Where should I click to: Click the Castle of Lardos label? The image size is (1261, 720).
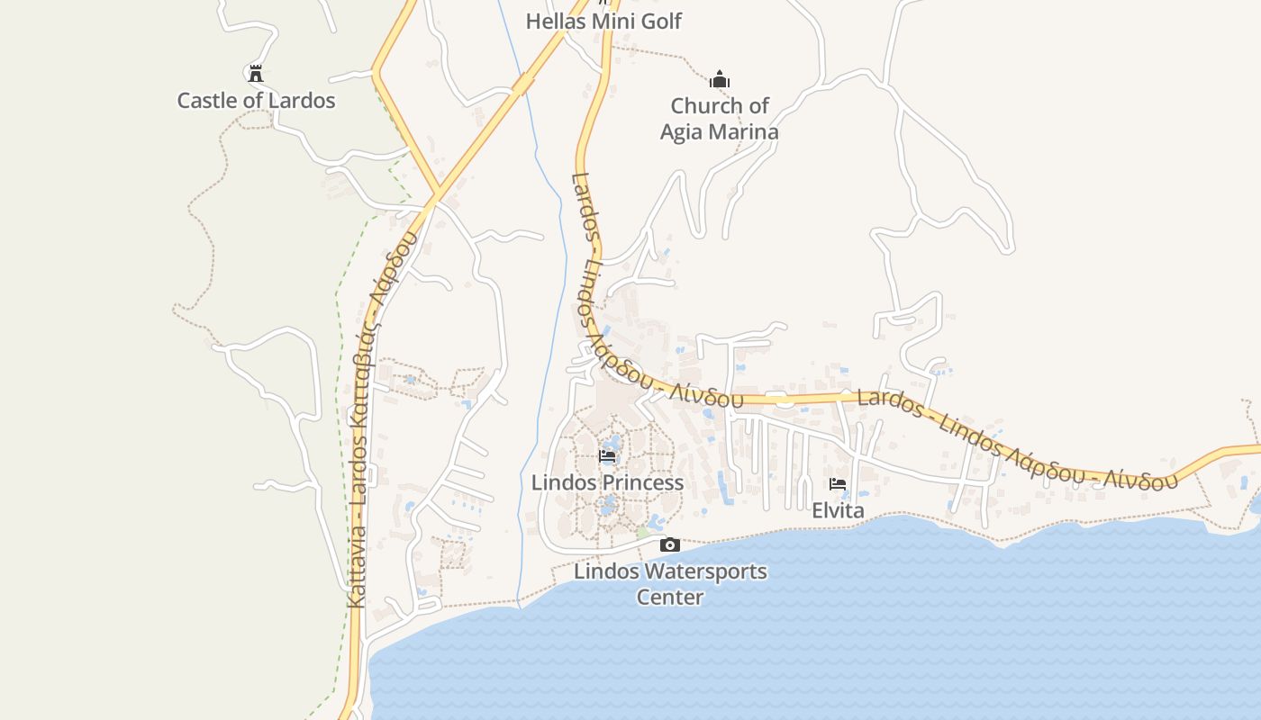(x=256, y=100)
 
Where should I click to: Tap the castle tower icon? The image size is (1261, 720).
(x=256, y=73)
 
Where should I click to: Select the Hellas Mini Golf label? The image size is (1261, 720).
(x=603, y=21)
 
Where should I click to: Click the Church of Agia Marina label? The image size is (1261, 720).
(x=719, y=119)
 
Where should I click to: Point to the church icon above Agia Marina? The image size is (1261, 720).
(x=719, y=80)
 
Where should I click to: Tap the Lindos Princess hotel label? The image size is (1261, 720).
(x=607, y=482)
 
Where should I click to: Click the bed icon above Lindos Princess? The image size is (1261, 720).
(x=607, y=456)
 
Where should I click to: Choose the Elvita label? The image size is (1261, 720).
(x=838, y=510)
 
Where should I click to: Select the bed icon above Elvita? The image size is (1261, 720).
(x=838, y=484)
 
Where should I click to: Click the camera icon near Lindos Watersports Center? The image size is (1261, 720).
(x=670, y=544)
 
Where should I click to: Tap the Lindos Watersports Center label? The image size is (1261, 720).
(x=670, y=583)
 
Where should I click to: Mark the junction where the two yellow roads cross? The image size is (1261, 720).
(x=437, y=193)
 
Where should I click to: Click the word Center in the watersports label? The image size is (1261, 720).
(x=670, y=597)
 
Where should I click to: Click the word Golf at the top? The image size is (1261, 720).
(x=660, y=21)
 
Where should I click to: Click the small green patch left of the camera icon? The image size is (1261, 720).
(x=642, y=534)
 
